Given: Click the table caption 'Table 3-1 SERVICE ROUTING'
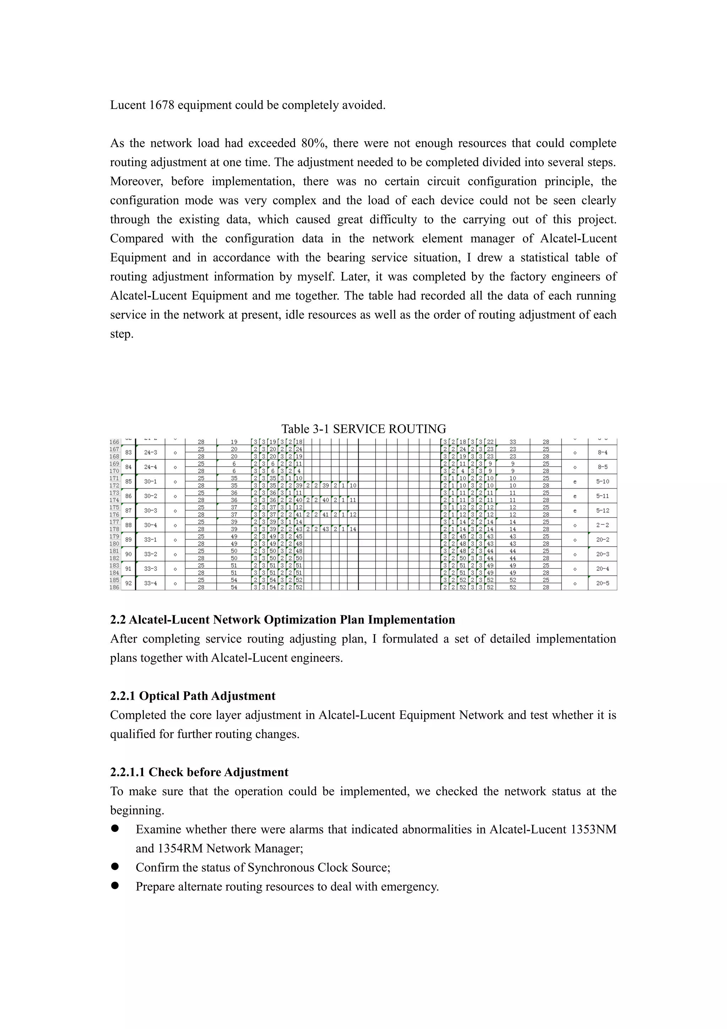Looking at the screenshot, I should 363,429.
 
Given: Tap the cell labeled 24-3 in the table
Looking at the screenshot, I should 151,453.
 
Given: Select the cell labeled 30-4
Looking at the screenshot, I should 151,525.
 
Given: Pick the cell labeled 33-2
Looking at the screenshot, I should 151,554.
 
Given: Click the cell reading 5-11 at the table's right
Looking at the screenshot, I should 602,496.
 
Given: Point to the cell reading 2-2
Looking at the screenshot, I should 602,525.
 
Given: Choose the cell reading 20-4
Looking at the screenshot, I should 602,569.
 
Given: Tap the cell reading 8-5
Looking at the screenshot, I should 602,467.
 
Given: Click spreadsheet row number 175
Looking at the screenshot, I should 115,507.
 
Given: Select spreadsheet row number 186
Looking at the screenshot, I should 115,587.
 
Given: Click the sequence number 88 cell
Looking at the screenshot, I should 129,525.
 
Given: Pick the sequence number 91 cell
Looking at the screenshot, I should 129,569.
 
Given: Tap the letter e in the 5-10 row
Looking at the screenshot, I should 575,482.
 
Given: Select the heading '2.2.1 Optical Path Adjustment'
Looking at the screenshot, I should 193,696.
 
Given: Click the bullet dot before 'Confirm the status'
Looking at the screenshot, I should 115,867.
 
